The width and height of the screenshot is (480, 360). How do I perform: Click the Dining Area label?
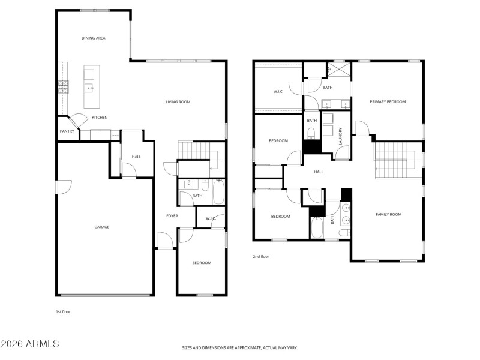click(x=94, y=38)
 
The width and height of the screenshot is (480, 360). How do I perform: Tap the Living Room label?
click(x=178, y=102)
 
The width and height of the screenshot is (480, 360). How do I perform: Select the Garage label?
click(x=101, y=227)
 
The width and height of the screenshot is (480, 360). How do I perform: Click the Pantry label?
click(x=67, y=131)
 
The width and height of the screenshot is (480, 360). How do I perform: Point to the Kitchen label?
click(x=100, y=118)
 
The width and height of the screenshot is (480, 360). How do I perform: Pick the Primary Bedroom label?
click(x=388, y=102)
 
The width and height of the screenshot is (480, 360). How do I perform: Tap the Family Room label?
click(x=388, y=214)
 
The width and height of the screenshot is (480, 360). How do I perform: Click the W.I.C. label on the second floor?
click(x=278, y=91)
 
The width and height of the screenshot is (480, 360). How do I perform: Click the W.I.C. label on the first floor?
click(x=211, y=218)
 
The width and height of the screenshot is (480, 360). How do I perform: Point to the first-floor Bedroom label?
click(x=202, y=263)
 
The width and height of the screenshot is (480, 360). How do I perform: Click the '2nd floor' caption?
click(x=261, y=256)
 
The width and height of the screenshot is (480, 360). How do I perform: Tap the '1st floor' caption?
click(x=63, y=311)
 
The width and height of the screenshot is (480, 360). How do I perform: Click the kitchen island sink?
click(x=89, y=88)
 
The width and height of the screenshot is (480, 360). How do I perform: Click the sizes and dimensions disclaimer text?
click(x=240, y=347)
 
